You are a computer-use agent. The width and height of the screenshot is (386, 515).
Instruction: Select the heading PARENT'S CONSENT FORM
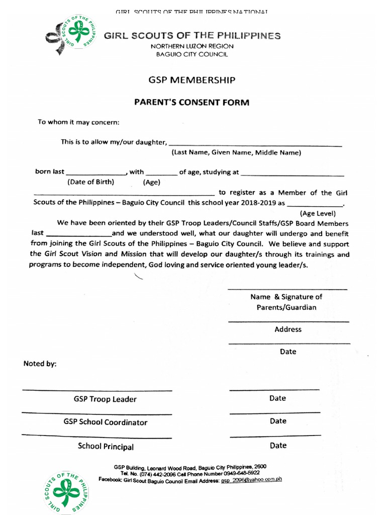pyautogui.click(x=191, y=103)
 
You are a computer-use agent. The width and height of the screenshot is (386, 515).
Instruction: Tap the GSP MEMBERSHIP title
pyautogui.click(x=191, y=80)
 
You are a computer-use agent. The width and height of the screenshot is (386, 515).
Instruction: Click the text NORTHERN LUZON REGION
pyautogui.click(x=192, y=46)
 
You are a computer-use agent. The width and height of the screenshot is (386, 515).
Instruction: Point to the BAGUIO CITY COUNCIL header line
pyautogui.click(x=192, y=54)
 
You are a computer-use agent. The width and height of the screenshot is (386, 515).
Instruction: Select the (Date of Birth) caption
pyautogui.click(x=91, y=182)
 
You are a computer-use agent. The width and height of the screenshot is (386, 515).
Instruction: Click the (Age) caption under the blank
pyautogui.click(x=151, y=183)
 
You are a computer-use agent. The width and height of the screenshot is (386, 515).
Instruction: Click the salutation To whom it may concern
pyautogui.click(x=79, y=122)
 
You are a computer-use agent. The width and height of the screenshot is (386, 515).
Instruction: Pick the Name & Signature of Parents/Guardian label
pyautogui.click(x=286, y=302)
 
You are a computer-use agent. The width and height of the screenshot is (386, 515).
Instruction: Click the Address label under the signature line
pyautogui.click(x=288, y=329)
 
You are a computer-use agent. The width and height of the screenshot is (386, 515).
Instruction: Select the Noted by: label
pyautogui.click(x=40, y=364)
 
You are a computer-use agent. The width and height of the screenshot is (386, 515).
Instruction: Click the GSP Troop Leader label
pyautogui.click(x=105, y=399)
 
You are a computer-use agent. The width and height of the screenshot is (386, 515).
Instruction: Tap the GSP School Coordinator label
pyautogui.click(x=106, y=422)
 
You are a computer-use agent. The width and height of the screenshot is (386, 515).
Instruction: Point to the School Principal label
pyautogui.click(x=106, y=447)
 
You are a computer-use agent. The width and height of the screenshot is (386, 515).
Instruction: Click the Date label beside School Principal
pyautogui.click(x=278, y=446)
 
